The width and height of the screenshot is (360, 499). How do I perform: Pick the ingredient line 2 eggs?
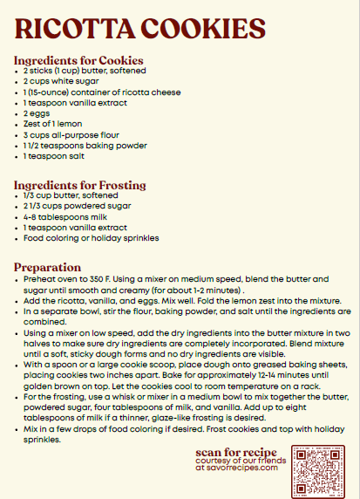click(39, 113)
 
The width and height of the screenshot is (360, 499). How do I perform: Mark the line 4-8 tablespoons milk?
click(65, 216)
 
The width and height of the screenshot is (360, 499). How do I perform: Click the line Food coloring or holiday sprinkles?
click(92, 237)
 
